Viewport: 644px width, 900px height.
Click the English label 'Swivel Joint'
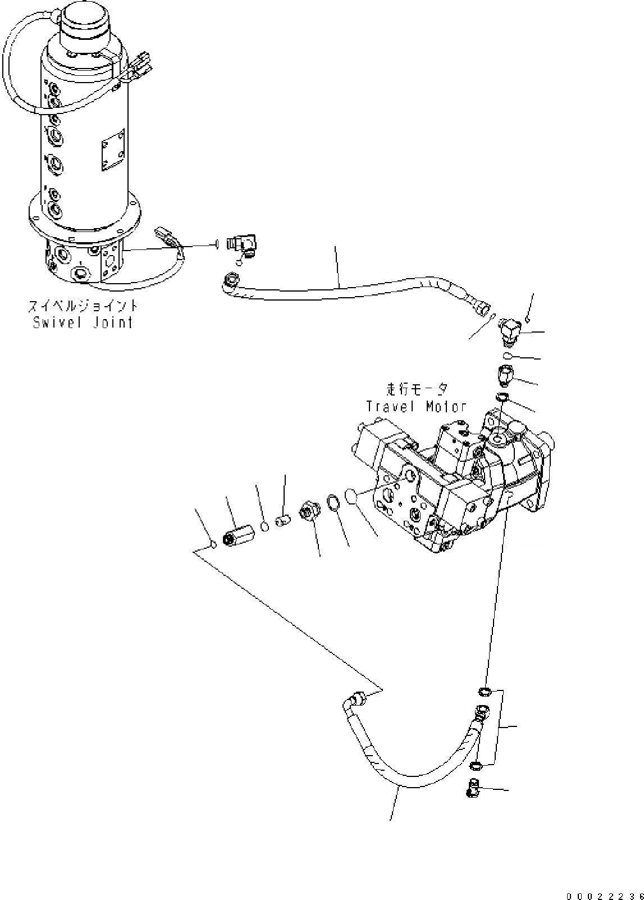(x=83, y=322)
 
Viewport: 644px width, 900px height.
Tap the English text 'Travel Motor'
(x=416, y=406)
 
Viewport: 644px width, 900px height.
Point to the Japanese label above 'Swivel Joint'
(x=83, y=306)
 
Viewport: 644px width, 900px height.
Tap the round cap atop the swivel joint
(x=85, y=22)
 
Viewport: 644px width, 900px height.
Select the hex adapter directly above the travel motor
(x=505, y=375)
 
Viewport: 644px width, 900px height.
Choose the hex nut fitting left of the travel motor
(x=309, y=511)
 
